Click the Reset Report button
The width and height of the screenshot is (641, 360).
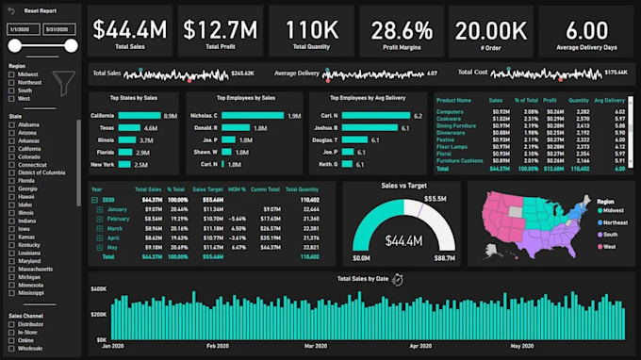tap(41, 12)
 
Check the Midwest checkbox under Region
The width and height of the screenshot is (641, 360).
tap(10, 74)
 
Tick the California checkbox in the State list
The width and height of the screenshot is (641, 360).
tap(10, 149)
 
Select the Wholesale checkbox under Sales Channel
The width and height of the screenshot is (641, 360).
tap(10, 348)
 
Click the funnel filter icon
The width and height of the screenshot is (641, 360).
tap(63, 83)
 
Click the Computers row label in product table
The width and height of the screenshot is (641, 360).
tap(451, 111)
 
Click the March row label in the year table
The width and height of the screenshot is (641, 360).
tap(114, 228)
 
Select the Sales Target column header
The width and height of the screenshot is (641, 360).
tap(206, 188)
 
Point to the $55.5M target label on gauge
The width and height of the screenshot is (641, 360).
tap(435, 199)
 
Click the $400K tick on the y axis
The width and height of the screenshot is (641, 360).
tap(98, 294)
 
